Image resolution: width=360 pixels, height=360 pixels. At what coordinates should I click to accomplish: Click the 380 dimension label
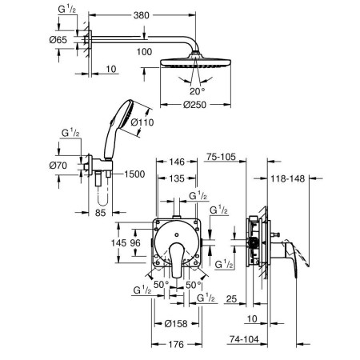tap(141, 15)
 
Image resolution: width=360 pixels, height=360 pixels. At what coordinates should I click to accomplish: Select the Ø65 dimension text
tap(58, 40)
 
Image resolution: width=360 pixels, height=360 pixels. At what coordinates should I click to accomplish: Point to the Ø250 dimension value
tap(194, 105)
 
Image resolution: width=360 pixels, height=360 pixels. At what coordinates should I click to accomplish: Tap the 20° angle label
tap(198, 91)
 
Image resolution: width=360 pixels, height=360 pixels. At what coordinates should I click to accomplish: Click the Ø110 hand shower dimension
tap(142, 122)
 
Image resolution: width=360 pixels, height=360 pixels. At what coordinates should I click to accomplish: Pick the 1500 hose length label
tap(134, 174)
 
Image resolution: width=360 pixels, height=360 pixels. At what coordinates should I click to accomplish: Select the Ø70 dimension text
tap(58, 166)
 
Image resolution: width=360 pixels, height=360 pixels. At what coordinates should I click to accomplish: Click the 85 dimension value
tap(100, 213)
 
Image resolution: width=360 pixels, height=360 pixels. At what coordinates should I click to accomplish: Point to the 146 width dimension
tap(177, 162)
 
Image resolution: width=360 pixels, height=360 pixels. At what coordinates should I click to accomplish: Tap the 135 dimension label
tap(177, 178)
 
